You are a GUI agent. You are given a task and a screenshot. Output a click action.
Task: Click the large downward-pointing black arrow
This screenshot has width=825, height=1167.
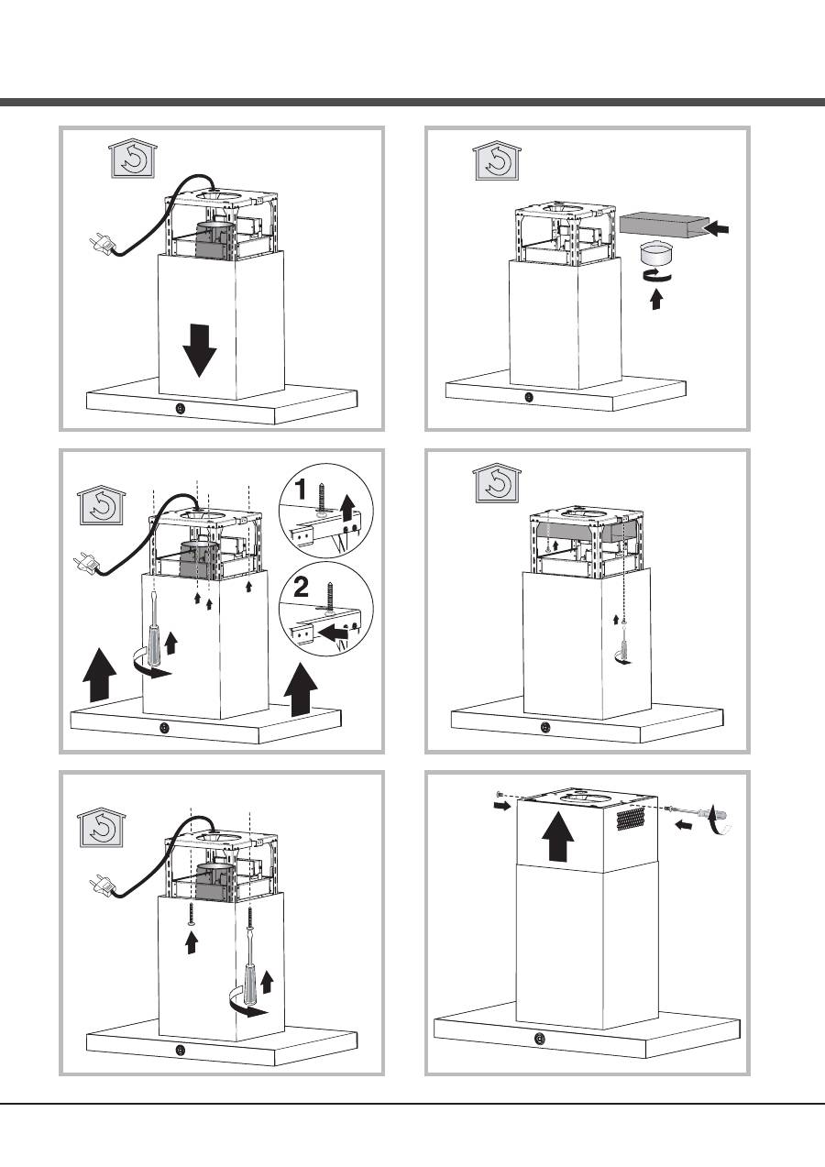coord(200,350)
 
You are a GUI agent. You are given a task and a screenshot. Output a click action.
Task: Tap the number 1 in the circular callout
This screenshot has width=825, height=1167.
coord(301,490)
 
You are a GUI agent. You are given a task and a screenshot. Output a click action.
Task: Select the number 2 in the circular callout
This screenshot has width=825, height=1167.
coord(301,588)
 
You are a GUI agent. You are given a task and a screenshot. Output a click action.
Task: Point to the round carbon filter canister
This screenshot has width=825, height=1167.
coord(655,254)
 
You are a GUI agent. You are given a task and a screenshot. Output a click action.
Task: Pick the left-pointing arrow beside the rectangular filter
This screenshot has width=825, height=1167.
coord(717,228)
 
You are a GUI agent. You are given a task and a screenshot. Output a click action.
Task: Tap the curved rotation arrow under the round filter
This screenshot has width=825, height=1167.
coord(656,276)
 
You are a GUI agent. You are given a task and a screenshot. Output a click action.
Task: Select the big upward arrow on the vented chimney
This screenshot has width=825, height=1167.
coord(558,835)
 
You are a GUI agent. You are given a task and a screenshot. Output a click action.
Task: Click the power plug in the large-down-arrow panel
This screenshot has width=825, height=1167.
coord(103,243)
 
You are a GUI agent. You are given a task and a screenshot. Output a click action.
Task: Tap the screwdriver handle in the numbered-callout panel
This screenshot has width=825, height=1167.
coord(155,645)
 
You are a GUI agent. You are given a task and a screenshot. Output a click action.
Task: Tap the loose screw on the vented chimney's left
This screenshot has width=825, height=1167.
coord(500,794)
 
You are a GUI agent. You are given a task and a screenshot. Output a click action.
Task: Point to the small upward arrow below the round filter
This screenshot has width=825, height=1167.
coord(656,300)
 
